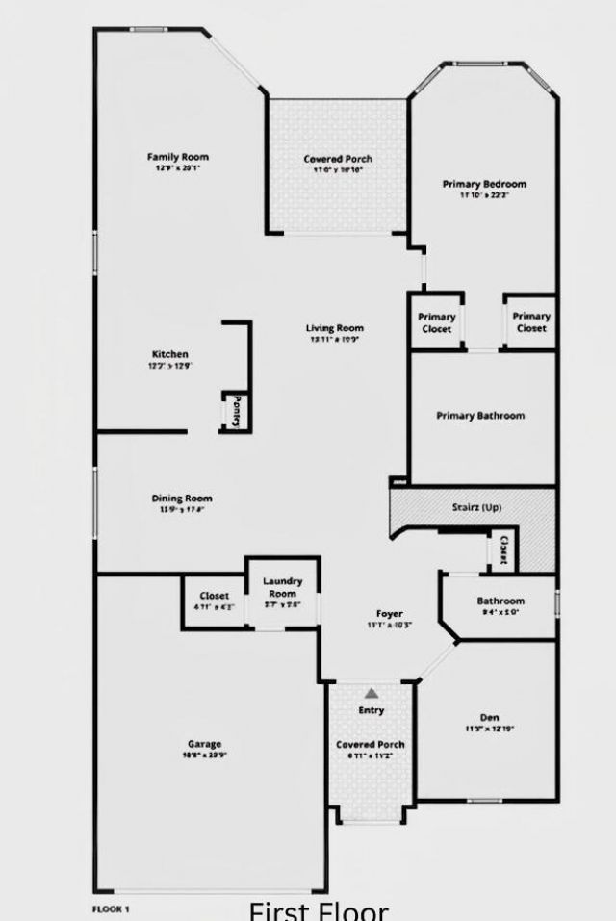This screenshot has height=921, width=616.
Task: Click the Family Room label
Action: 177,157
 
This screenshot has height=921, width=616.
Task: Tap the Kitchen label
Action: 169,354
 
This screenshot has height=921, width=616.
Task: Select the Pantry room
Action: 234,411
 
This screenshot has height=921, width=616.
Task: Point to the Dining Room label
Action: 182,499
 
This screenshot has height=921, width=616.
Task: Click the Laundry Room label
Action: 283,587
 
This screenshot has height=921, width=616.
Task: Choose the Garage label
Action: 204,744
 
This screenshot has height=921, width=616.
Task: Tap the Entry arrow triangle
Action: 371,692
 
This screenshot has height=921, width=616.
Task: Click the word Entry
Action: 371,710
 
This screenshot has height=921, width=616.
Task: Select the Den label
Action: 489,717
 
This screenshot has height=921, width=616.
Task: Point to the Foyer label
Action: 389,613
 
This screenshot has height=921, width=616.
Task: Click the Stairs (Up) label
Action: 476,507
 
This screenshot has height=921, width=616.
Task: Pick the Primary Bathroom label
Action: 480,416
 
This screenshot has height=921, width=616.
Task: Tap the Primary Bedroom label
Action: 484,184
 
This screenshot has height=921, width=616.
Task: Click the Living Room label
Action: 335,328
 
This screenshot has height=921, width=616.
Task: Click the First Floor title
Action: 319,909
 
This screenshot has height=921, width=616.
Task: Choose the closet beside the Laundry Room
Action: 214,601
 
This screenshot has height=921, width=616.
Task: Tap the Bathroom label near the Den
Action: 500,601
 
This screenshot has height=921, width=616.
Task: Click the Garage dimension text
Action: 204,755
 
